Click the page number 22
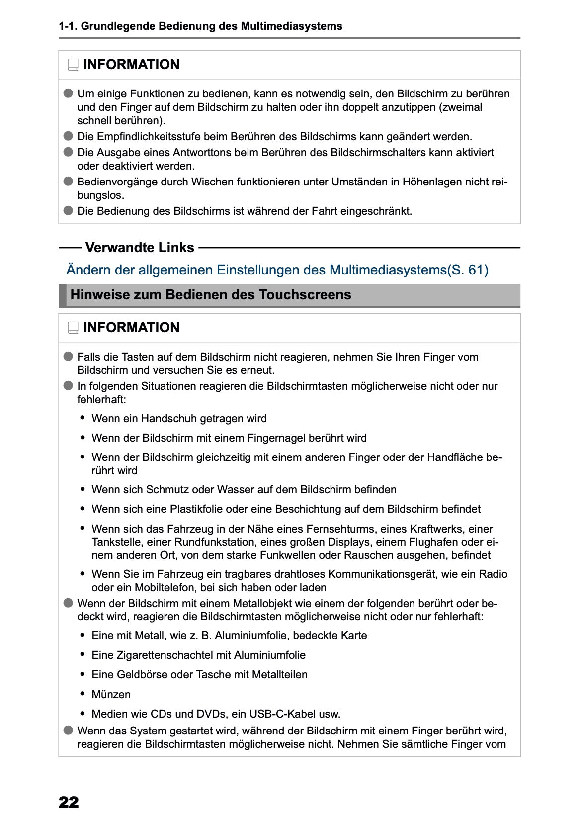coord(69,802)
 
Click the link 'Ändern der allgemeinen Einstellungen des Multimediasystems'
coord(256,270)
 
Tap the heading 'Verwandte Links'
coord(140,247)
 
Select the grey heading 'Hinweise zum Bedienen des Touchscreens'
coord(211,295)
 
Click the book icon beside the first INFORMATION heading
coord(73,65)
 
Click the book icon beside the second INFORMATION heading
coord(73,328)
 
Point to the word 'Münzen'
coord(111,694)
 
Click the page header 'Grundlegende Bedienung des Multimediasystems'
coord(211,26)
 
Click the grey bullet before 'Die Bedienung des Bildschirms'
coord(68,210)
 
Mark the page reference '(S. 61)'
coord(468,270)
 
